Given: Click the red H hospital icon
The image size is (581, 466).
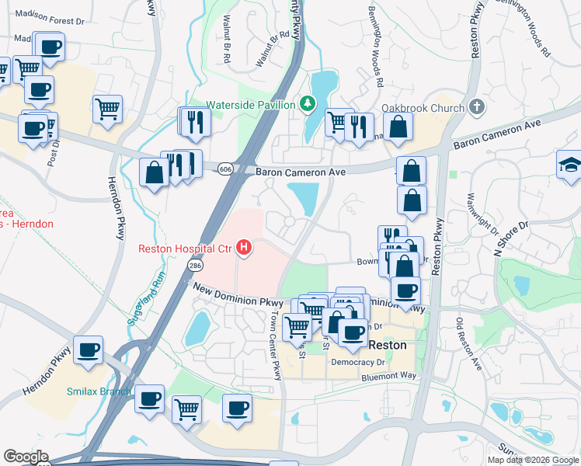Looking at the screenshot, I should tap(244, 249).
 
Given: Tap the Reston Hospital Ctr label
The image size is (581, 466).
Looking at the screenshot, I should tap(186, 249).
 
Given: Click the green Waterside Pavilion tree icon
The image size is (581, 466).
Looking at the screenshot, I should tap(308, 104).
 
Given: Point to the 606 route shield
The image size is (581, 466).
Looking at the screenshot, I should tap(225, 169).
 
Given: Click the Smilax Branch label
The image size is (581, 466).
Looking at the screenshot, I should tap(98, 391).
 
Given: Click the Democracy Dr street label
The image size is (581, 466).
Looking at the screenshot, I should tap(358, 362).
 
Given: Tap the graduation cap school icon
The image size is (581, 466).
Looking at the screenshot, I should tap(569, 165).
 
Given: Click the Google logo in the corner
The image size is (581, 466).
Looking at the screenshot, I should tap(25, 457).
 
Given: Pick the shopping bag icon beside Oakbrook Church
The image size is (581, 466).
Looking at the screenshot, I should tap(398, 127).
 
